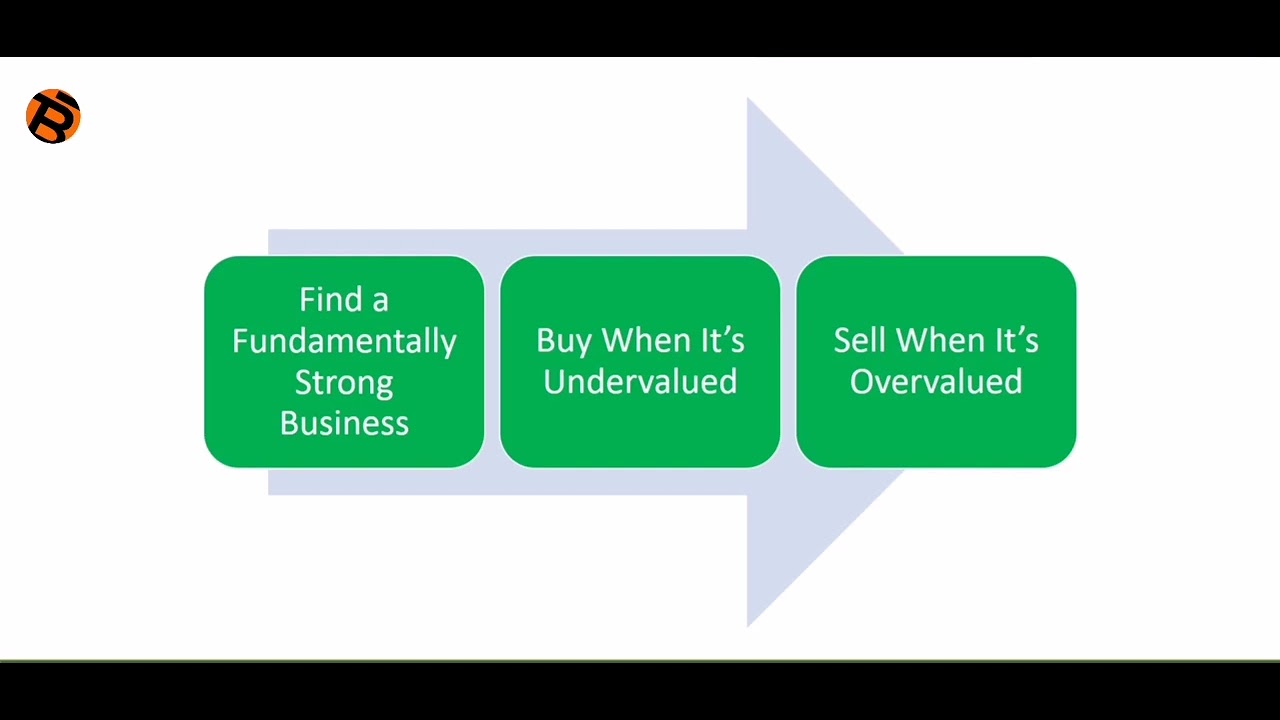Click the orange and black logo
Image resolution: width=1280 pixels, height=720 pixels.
53,117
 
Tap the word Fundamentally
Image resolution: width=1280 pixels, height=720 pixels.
344,341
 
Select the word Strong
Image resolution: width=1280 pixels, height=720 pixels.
344,382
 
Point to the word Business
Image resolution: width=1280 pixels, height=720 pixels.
344,423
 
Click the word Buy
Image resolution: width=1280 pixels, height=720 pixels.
563,341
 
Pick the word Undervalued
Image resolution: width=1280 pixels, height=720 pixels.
640,382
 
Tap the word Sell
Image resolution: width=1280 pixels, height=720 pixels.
860,341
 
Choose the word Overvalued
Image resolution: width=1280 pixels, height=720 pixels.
936,382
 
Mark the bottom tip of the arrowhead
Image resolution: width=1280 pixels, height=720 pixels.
749,624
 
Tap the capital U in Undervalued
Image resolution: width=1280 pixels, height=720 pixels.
554,382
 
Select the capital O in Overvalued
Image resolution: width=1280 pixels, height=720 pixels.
861,382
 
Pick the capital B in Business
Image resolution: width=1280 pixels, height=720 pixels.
289,423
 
